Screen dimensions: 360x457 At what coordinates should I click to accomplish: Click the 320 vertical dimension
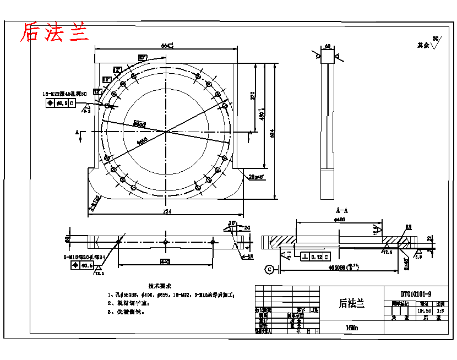pyautogui.click(x=253, y=95)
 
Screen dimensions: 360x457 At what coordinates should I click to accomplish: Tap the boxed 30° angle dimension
pyautogui.click(x=143, y=57)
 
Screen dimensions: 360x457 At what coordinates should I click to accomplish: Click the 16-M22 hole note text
pyautogui.click(x=66, y=94)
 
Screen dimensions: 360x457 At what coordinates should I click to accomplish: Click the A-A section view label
pyautogui.click(x=341, y=210)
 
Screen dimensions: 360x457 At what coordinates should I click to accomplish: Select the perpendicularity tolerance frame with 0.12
pyautogui.click(x=315, y=257)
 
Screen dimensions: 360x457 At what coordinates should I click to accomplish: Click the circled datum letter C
pyautogui.click(x=269, y=269)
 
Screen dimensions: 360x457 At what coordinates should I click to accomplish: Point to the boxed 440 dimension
pyautogui.click(x=165, y=260)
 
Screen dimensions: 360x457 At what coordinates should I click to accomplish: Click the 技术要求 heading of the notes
pyautogui.click(x=160, y=286)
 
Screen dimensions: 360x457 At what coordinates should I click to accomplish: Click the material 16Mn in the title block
pyautogui.click(x=351, y=327)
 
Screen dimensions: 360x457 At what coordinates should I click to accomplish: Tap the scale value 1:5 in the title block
pyautogui.click(x=440, y=310)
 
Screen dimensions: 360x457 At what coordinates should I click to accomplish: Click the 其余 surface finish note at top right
pyautogui.click(x=423, y=46)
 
